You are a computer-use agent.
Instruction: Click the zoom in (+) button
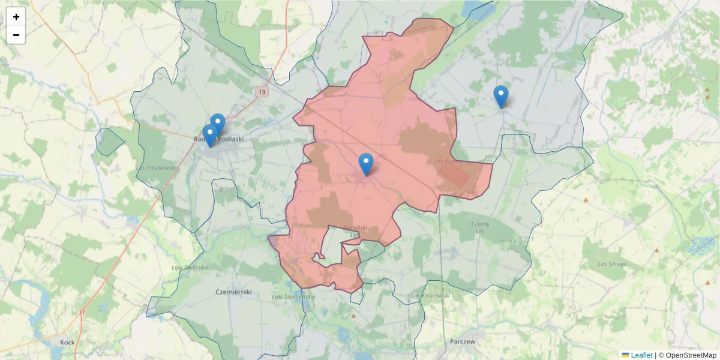coord(16,17)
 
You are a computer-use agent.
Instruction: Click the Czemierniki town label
coord(233,292)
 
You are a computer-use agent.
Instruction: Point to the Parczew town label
coord(462,341)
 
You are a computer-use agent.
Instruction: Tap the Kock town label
coord(67,342)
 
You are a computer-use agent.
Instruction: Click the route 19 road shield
coord(262,92)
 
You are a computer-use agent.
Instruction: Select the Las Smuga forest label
coord(612,264)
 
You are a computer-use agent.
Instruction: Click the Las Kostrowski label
coord(431,296)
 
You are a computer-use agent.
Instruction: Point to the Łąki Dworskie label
coord(189,268)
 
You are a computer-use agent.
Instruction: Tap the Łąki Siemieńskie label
coord(293,296)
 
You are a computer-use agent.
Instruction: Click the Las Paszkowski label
coord(157,168)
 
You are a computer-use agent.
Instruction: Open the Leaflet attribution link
coord(641,355)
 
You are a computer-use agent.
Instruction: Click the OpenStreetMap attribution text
coord(691,355)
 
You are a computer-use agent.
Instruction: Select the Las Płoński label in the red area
coord(448,161)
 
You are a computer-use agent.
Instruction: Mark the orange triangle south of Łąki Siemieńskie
coord(353,316)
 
